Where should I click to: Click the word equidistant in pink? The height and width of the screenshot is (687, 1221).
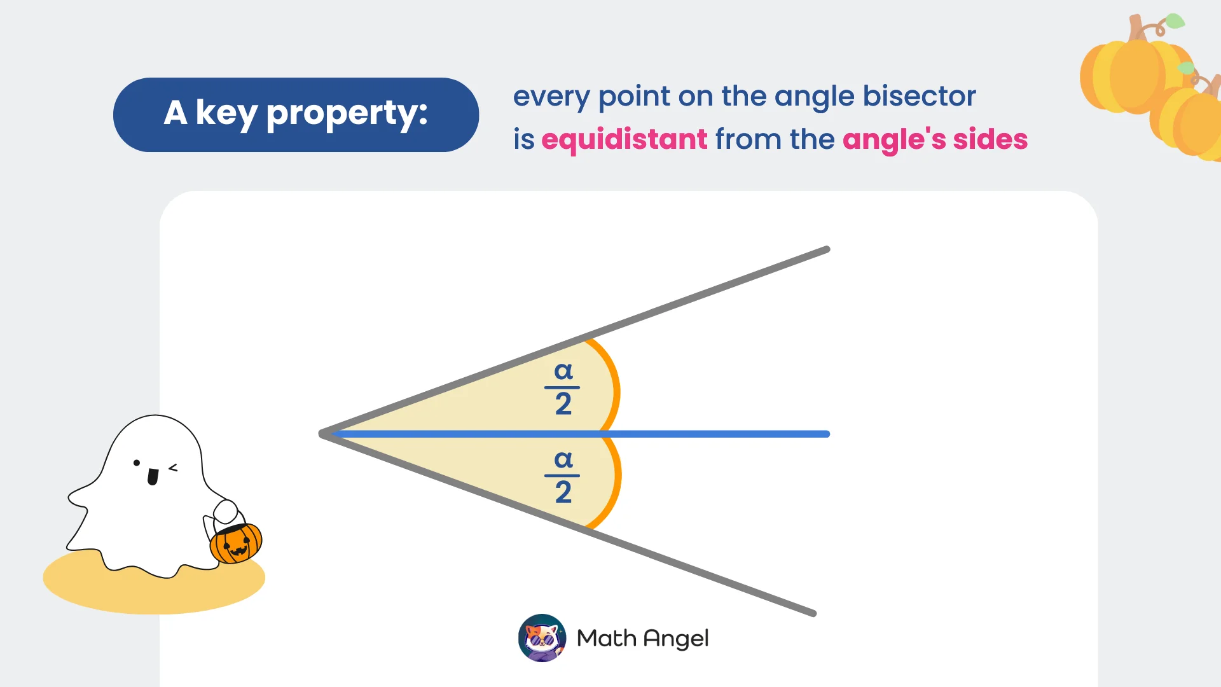(624, 139)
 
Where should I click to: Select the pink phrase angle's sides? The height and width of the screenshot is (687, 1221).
(935, 139)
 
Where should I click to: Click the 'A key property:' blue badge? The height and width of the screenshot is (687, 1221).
(296, 114)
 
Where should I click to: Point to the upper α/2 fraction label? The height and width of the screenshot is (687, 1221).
(563, 387)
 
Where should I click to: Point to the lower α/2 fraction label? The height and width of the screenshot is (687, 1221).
(563, 476)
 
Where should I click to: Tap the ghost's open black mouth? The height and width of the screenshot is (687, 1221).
(153, 476)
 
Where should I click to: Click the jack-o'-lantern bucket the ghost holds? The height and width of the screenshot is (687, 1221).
(236, 543)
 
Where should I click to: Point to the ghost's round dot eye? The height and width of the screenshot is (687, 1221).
(137, 463)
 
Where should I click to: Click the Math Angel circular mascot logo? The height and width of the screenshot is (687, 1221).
(542, 638)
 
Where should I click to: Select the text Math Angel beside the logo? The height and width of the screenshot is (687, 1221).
(642, 638)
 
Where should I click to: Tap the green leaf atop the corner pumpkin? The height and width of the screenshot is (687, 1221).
(1175, 21)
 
